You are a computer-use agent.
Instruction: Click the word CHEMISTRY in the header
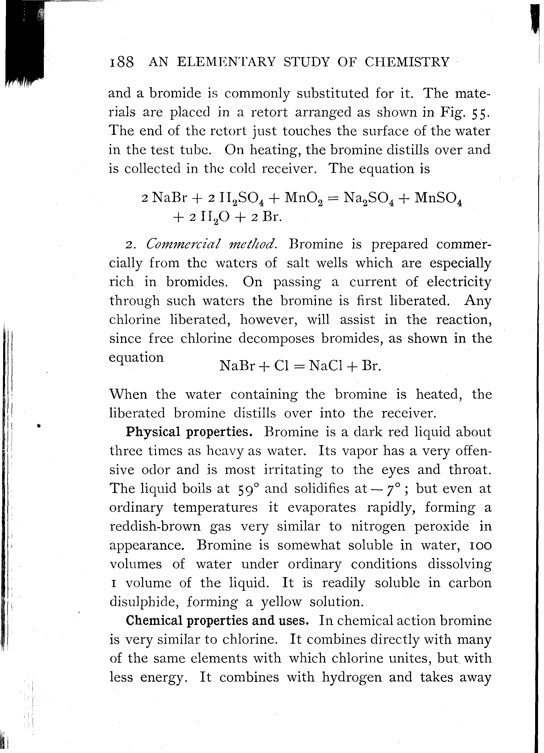(x=407, y=62)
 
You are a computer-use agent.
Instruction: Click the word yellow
(x=281, y=602)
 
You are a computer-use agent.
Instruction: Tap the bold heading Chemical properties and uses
(x=217, y=620)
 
